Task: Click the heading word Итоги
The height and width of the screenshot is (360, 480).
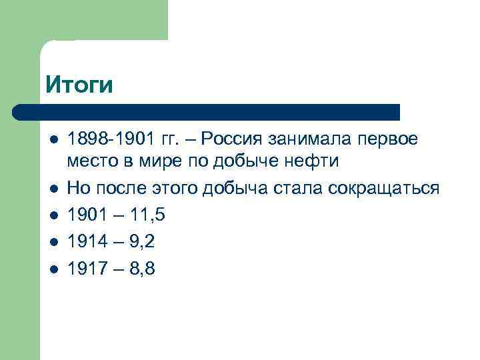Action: pyautogui.click(x=80, y=85)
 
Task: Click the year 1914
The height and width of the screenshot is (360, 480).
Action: pyautogui.click(x=87, y=242)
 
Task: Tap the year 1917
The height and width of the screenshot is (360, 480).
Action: pyautogui.click(x=87, y=269)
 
